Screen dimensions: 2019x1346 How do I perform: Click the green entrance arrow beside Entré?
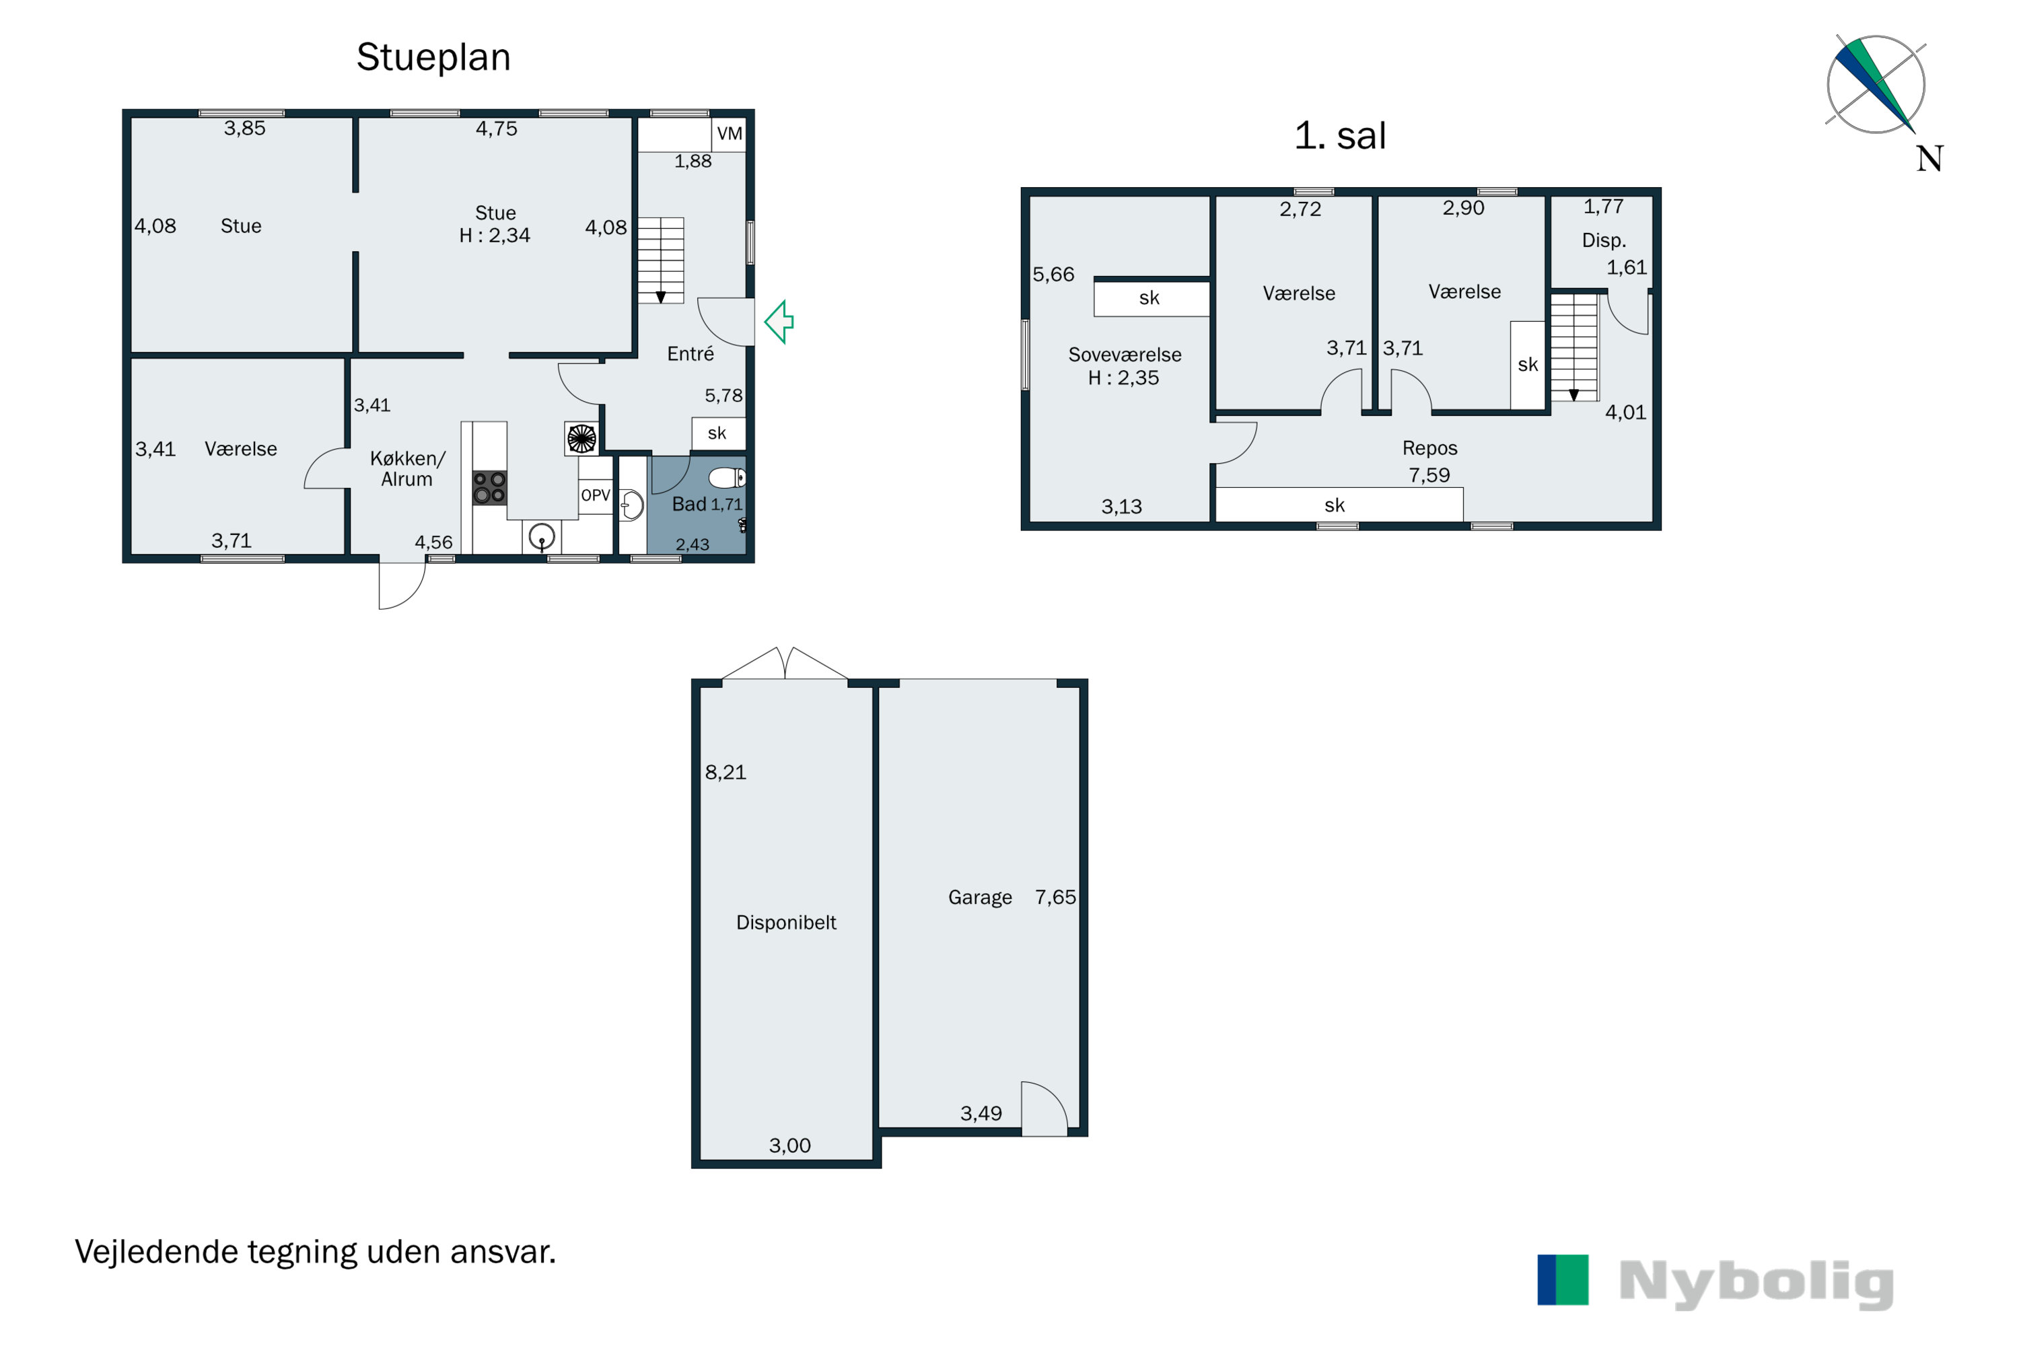[779, 322]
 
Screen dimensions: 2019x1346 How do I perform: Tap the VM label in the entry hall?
[730, 134]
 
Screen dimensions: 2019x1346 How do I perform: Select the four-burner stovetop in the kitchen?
[489, 487]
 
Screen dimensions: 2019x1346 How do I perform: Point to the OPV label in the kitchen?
[596, 495]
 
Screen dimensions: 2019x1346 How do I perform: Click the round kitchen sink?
[542, 537]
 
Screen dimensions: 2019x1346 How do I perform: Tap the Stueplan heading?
[433, 57]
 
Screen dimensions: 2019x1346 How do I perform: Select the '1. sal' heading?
[1340, 136]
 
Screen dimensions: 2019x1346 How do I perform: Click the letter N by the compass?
[1929, 159]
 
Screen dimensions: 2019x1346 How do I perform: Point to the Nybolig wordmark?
[1757, 1283]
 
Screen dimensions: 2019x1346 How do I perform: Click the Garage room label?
[981, 898]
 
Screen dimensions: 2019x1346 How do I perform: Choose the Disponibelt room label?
[786, 923]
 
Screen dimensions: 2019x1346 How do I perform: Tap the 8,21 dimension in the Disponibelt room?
[725, 773]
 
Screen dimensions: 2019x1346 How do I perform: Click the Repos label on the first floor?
[1430, 449]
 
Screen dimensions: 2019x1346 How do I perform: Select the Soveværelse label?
[1125, 355]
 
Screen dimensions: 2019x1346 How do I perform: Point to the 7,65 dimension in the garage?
[1055, 897]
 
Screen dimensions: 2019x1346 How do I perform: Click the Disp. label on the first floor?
[1604, 241]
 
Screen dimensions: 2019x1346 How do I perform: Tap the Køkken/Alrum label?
[408, 468]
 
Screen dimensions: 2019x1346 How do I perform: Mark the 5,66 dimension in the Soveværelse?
[1053, 275]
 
